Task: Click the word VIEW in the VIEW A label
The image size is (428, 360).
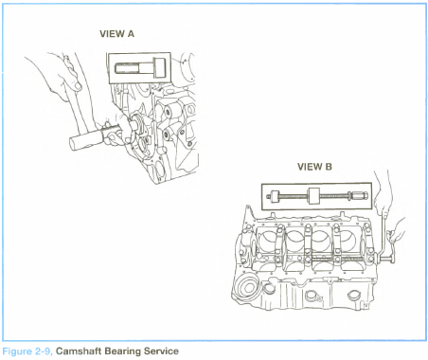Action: click(x=111, y=34)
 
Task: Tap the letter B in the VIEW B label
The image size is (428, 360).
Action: click(x=329, y=167)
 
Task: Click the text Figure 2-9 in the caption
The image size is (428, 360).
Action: click(x=27, y=351)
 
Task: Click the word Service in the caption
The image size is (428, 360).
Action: click(x=161, y=351)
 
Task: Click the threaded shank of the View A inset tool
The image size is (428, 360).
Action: click(x=126, y=68)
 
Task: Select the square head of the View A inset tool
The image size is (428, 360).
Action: click(x=159, y=68)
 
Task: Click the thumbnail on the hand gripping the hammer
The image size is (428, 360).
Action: click(x=78, y=85)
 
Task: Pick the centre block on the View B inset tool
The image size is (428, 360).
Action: click(x=313, y=196)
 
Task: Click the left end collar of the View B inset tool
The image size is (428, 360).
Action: click(x=274, y=196)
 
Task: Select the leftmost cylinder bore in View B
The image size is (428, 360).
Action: click(x=269, y=243)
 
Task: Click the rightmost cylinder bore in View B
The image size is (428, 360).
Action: click(x=348, y=242)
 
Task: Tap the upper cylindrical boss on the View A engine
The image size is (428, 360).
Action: click(x=170, y=111)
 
